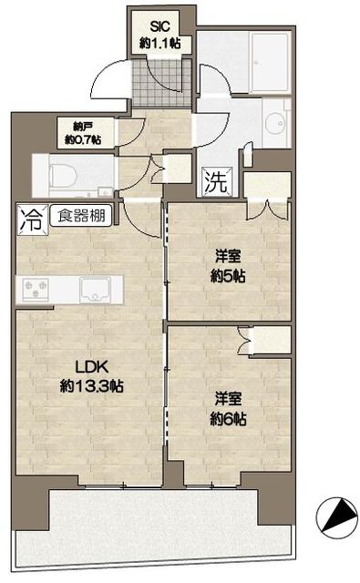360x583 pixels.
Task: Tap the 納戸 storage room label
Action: tap(77, 127)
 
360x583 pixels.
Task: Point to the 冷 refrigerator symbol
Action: tap(30, 219)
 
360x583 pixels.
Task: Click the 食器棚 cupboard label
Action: tap(81, 217)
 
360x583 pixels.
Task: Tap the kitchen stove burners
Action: tap(37, 290)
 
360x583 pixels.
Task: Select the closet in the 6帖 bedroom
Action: tap(268, 340)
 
